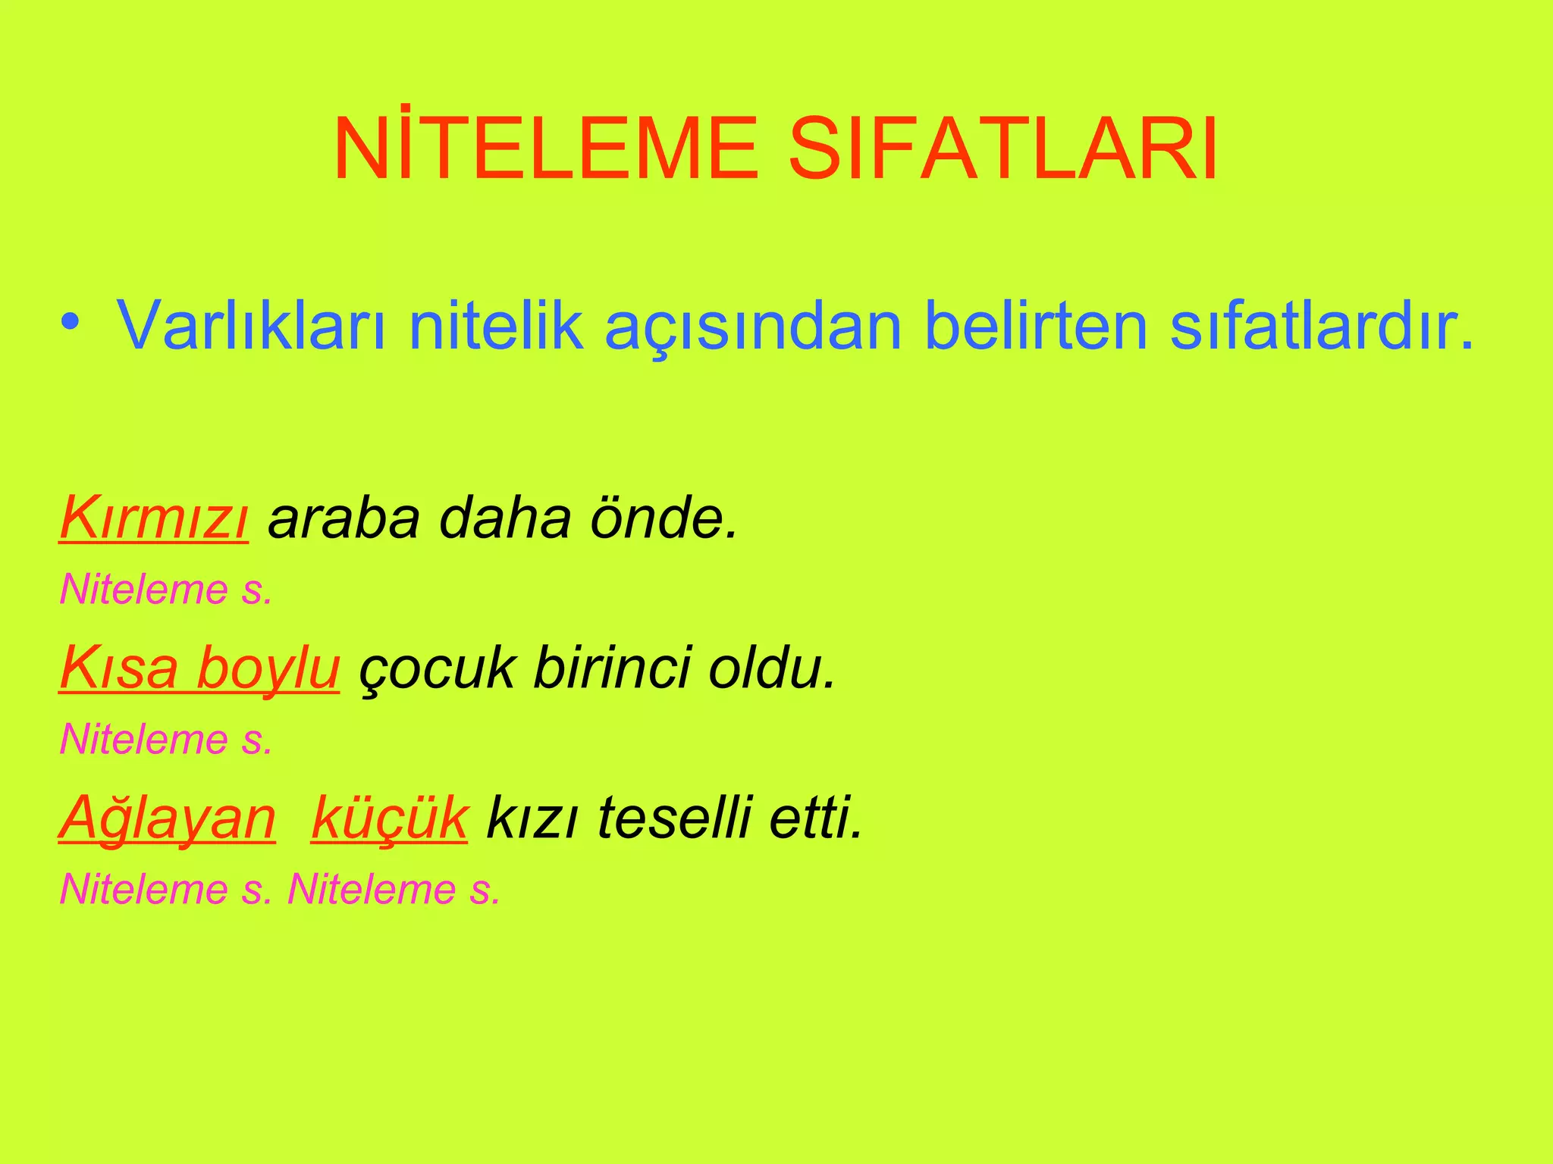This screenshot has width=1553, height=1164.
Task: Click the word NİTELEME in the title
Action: [546, 149]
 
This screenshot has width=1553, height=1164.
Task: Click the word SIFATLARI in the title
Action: [1002, 149]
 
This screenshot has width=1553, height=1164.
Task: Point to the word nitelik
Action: [497, 326]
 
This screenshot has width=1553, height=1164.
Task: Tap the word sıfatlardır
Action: [1323, 326]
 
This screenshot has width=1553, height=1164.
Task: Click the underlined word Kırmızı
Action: [154, 518]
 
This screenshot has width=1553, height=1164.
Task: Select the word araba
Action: [344, 518]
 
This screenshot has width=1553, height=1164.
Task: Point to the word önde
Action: [664, 518]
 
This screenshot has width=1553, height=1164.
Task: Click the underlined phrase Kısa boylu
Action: [199, 668]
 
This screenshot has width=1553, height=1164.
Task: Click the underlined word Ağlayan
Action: [168, 818]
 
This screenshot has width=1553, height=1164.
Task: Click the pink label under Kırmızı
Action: [166, 590]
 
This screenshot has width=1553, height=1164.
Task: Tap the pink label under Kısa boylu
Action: [166, 740]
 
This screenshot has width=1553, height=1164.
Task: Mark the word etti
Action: [816, 818]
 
